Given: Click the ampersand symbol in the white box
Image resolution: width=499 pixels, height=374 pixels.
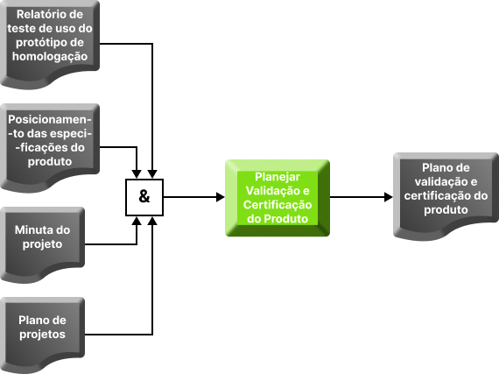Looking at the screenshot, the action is [144, 196].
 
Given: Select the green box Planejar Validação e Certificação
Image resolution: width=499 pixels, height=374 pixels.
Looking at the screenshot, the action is [278, 198].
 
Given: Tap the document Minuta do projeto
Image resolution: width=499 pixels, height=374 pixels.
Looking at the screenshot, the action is [42, 244].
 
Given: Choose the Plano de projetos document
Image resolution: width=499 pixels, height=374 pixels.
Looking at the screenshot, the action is [42, 335].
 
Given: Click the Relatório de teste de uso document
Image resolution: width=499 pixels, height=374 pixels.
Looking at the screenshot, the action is [50, 45].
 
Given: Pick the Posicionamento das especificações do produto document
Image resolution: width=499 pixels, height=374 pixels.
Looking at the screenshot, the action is [50, 148].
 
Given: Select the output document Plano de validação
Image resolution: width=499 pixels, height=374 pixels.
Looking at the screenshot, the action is [446, 195].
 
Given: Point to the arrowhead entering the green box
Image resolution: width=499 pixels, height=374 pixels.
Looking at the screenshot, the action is [221, 197].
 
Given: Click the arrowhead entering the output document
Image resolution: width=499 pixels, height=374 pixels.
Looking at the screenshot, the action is [389, 197].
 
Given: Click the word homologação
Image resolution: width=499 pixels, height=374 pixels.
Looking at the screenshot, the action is [50, 56].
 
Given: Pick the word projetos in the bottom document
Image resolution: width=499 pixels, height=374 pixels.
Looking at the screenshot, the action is [42, 335].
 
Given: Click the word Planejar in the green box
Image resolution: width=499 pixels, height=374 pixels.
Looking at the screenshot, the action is [278, 177].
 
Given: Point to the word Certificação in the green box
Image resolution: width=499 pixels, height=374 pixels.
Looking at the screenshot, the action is [278, 205].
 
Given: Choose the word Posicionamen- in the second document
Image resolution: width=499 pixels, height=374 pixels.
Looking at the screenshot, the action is [50, 120].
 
